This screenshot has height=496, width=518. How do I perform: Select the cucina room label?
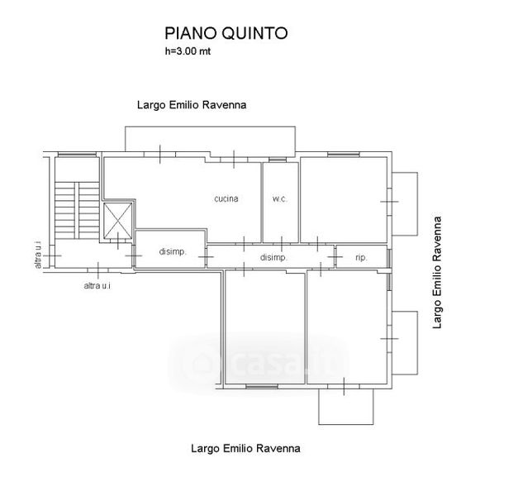226,199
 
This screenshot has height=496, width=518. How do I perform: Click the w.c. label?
279,199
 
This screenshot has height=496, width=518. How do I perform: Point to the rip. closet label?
361,258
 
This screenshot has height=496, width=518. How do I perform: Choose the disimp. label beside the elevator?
172,252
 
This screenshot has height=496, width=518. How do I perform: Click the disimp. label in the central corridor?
273,258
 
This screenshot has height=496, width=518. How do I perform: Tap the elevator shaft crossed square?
117,219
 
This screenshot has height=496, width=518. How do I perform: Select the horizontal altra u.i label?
97,286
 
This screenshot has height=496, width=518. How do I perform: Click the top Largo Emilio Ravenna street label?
192,105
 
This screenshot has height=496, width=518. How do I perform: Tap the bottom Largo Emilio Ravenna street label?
245,449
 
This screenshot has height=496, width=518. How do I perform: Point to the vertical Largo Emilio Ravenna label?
439,272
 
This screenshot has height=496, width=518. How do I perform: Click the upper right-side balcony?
406,202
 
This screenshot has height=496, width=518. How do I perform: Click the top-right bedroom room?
344,199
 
